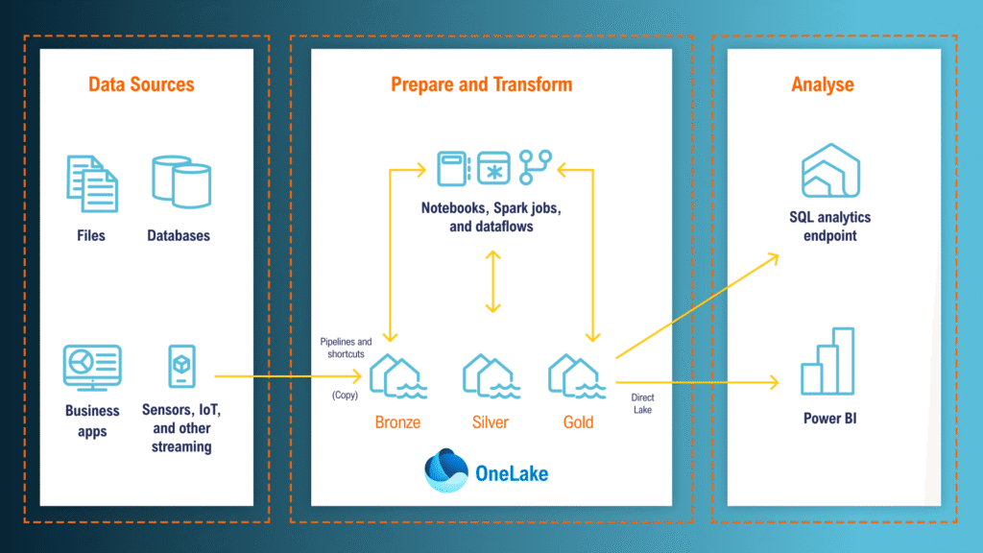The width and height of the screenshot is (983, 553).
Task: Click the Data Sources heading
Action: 141,84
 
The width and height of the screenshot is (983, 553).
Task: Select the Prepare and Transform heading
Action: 481,84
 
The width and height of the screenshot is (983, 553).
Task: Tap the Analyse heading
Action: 823,84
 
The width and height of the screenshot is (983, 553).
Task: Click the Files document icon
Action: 92,182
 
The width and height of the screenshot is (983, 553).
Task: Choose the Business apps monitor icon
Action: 92,368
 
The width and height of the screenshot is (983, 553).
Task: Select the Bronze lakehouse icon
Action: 397,375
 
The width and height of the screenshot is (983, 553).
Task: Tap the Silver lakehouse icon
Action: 491,375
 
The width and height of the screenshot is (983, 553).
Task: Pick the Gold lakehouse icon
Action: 578,375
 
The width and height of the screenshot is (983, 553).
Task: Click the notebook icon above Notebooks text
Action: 452,167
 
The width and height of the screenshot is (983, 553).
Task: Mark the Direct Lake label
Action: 643,403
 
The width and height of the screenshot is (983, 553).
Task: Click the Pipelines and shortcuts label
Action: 346,348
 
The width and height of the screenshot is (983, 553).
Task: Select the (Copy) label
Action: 346,395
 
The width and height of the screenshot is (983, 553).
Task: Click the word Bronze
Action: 397,422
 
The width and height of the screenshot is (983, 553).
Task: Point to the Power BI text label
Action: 829,419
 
